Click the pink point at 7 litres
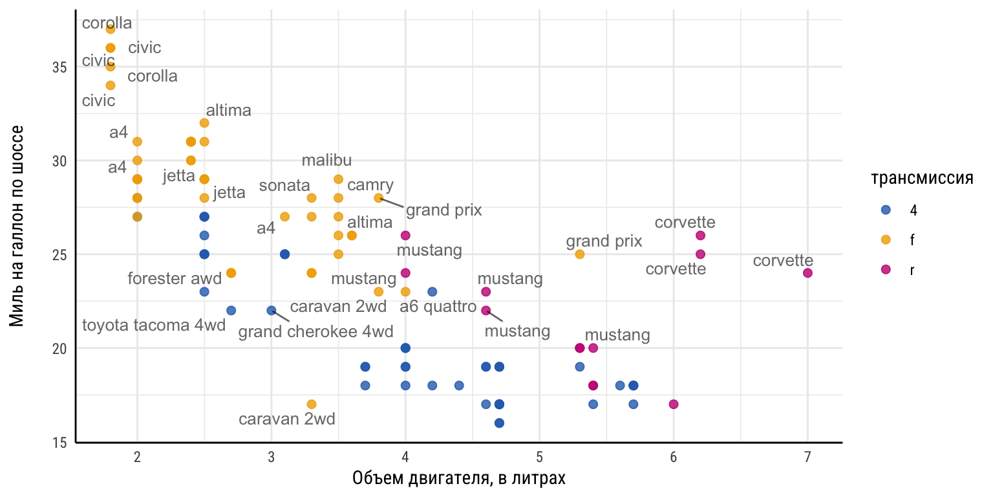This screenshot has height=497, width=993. tap(807, 273)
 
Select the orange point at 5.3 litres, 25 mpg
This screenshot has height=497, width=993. tap(580, 254)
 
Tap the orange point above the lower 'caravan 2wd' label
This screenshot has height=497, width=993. tap(312, 404)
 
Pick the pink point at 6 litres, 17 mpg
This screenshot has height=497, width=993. tap(674, 404)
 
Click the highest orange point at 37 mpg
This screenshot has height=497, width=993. tap(111, 29)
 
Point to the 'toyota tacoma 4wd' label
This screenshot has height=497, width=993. tap(154, 325)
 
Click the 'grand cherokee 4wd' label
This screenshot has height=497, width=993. tap(315, 333)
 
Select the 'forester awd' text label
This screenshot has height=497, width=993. tap(175, 278)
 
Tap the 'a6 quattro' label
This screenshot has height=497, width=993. tap(439, 306)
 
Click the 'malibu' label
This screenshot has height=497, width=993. tap(326, 160)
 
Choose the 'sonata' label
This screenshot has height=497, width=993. tap(284, 186)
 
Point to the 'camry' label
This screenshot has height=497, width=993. tap(370, 186)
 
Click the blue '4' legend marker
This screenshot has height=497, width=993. tap(886, 210)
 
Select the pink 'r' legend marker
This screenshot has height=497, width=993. tap(886, 270)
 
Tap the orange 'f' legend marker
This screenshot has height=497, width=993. tap(886, 240)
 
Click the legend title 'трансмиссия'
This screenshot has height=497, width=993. tap(922, 179)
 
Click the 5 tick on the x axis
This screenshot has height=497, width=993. tap(539, 457)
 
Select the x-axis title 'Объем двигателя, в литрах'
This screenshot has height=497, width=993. tap(459, 479)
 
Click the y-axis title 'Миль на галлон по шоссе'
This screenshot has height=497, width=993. tap(17, 226)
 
